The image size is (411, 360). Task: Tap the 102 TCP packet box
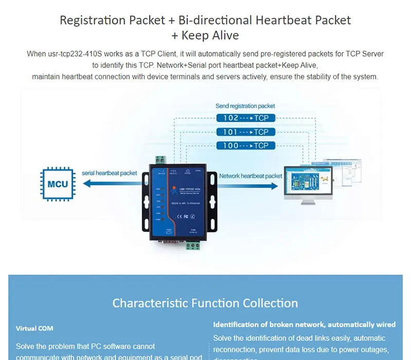coord(246,118)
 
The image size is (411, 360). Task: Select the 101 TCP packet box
coord(246,132)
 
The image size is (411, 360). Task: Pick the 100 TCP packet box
coord(246,146)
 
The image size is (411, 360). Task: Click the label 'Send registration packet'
coord(245,106)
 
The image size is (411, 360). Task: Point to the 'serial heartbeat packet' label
coord(109,173)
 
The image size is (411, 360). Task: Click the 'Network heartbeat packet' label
coord(251,176)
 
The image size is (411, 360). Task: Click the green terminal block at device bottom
coord(193,245)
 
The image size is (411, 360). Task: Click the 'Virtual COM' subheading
coord(34,328)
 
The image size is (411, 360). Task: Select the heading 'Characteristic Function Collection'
coord(205,303)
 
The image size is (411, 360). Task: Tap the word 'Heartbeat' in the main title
coord(285,21)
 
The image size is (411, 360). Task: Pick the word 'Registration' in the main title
coord(92,21)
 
